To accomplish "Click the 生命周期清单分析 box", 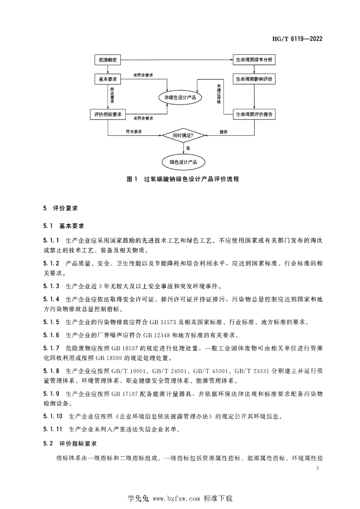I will (254, 60).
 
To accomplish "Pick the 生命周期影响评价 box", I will (254, 79).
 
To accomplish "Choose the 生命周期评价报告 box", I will (254, 114).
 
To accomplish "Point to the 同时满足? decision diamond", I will (182, 135).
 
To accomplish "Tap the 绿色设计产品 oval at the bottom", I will (183, 162).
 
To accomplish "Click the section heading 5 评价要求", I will (61, 209).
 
